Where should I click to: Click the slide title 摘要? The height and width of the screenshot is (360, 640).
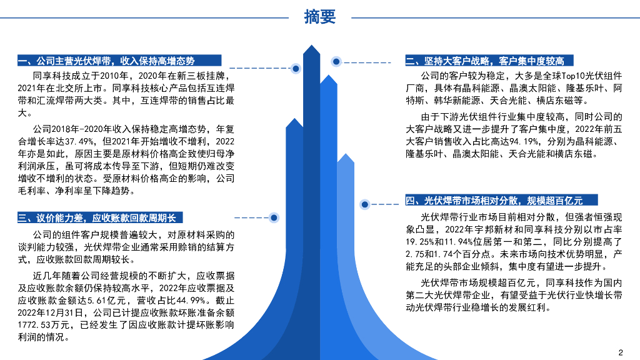pos(319,17)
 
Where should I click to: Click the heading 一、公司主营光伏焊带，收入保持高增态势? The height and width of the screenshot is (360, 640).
pos(106,61)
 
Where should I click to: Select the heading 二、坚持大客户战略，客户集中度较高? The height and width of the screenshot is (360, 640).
pos(484,61)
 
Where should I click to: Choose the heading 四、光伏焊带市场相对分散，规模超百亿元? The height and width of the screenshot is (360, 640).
pos(494,201)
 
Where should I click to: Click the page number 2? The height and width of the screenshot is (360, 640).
pos(621,351)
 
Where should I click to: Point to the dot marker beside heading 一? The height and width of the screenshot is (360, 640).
pos(296,67)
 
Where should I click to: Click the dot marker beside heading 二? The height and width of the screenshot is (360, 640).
pos(336,61)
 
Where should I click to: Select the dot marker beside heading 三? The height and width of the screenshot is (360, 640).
pos(273,217)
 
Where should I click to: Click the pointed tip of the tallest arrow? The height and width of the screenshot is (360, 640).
pos(311,47)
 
